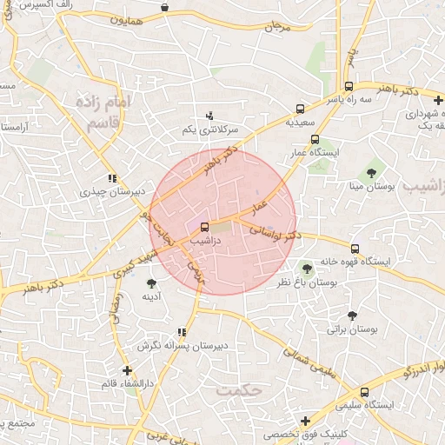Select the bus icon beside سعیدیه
coord(300,110)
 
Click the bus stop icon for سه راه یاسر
coord(349,87)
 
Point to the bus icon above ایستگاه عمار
coord(314,139)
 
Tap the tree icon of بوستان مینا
coord(371,172)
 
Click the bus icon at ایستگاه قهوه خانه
coord(354,249)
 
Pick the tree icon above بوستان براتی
coord(352,315)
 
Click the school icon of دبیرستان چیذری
coord(112,177)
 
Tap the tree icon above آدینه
coord(152,282)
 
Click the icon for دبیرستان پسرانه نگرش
coord(181,332)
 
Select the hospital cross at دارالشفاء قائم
coord(128,370)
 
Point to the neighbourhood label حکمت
coord(240,390)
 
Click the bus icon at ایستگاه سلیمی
coord(364,392)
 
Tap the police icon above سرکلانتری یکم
coord(209,116)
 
